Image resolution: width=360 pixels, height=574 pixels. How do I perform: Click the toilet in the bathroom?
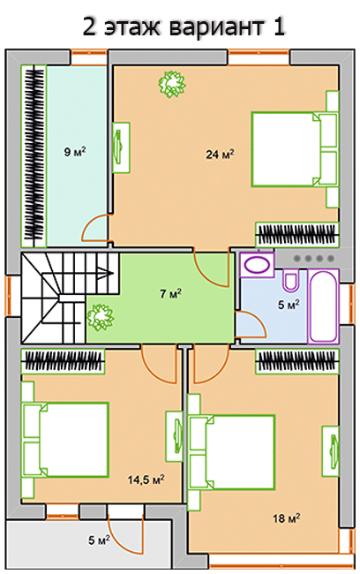(291, 281)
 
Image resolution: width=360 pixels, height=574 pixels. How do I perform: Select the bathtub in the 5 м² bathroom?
(323, 306)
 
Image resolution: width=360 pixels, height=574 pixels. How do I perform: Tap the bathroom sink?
(257, 264)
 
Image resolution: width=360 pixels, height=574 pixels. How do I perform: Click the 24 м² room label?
(220, 155)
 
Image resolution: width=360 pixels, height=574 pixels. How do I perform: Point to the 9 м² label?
(75, 151)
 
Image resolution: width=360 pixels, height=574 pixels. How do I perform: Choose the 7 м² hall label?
(171, 293)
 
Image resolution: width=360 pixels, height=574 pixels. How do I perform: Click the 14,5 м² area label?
(146, 480)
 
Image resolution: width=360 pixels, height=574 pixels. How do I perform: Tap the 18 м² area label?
(287, 518)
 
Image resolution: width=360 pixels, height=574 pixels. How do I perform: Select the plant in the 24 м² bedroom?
(171, 84)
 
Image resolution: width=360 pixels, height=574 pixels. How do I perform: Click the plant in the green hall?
(100, 317)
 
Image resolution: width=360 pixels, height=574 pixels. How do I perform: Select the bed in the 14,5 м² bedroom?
(66, 440)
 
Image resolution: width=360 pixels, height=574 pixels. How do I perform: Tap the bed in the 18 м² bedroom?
(231, 452)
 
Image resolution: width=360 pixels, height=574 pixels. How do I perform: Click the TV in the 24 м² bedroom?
(121, 147)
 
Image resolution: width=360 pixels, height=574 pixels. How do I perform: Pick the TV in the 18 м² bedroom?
(331, 451)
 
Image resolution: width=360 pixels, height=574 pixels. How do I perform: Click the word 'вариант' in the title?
(218, 26)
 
